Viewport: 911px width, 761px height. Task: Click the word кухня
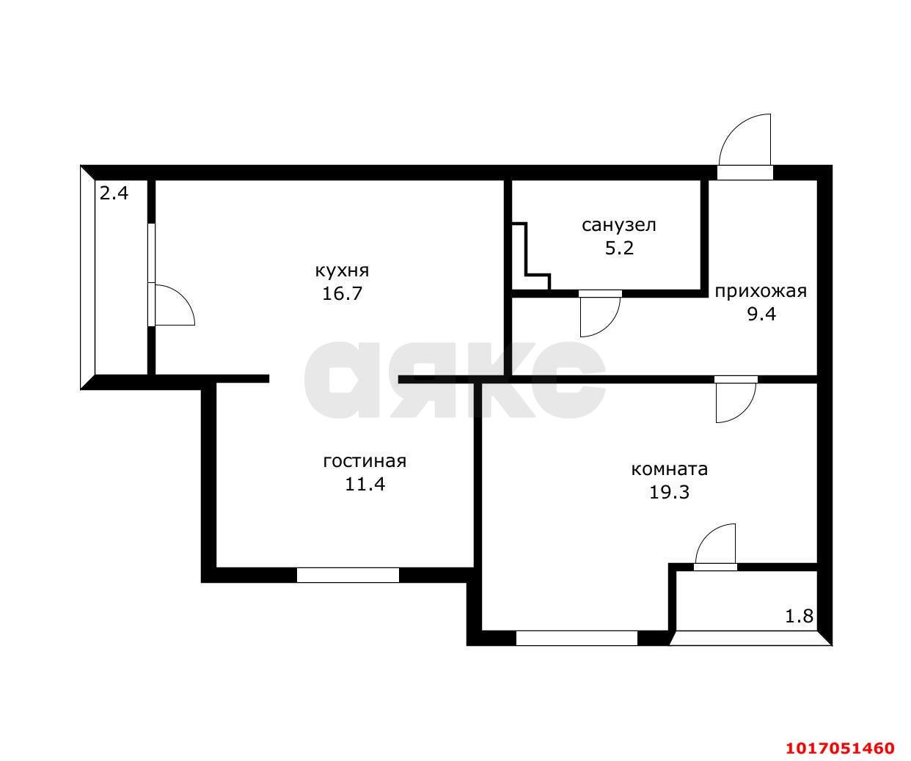click(x=342, y=271)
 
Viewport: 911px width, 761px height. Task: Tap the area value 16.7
click(x=342, y=293)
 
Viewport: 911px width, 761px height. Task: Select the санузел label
click(x=618, y=226)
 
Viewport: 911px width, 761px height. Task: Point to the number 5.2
click(x=619, y=248)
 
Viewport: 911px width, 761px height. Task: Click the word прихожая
click(x=761, y=291)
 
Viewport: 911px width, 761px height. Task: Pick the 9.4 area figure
click(x=761, y=314)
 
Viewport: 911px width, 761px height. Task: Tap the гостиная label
click(x=365, y=461)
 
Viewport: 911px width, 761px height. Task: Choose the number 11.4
click(x=365, y=484)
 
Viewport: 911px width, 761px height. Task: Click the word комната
click(x=669, y=470)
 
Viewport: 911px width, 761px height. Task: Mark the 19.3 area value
click(x=669, y=493)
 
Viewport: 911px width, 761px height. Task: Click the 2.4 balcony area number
click(x=114, y=193)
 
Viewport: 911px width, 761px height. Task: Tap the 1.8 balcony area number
click(x=799, y=617)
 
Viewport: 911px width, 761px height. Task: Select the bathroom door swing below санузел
click(x=600, y=314)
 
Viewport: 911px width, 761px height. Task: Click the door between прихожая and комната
click(x=736, y=400)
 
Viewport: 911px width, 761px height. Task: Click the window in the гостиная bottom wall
click(x=348, y=575)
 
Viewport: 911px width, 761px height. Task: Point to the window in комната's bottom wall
click(x=577, y=638)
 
